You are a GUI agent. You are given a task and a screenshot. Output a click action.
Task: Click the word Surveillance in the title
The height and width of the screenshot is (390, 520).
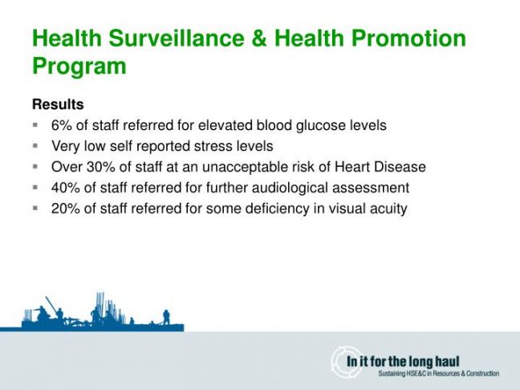tap(177, 38)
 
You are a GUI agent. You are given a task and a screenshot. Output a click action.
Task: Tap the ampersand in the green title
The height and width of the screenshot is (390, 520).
tap(260, 38)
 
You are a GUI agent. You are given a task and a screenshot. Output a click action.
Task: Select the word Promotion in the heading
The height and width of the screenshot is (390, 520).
tap(409, 38)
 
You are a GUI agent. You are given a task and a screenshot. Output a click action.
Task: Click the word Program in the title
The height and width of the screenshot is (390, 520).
tap(79, 67)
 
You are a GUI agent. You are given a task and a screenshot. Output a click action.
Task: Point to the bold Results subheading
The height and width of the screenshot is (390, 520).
tap(58, 104)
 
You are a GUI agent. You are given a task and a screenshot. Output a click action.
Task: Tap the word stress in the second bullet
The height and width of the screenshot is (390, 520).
tap(213, 146)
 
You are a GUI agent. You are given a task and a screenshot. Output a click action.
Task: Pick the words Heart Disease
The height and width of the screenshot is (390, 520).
tap(380, 167)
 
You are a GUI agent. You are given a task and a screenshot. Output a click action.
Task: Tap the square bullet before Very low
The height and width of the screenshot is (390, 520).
tap(35, 146)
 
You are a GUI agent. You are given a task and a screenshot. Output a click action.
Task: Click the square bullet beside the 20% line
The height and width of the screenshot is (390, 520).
tap(35, 209)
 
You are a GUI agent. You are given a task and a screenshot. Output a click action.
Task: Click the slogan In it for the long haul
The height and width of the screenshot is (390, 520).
tap(403, 361)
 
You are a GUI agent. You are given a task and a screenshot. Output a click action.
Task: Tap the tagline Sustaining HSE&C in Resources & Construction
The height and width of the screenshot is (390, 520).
tap(439, 374)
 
